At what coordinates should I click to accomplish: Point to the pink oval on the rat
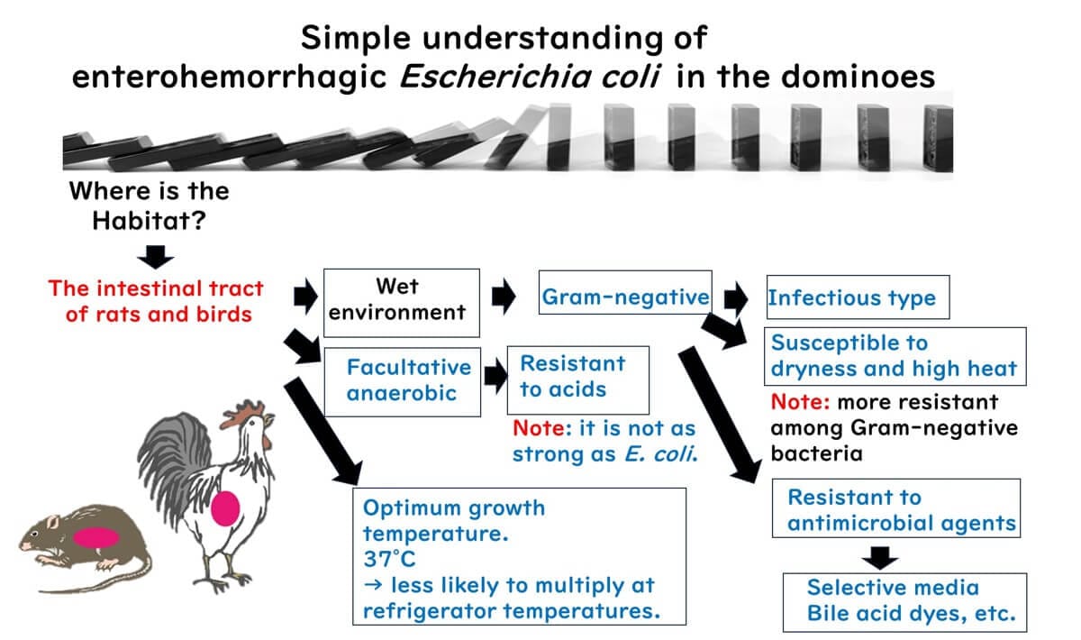click(96, 537)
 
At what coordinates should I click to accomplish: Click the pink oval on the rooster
click(225, 508)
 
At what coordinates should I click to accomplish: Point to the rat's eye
click(34, 534)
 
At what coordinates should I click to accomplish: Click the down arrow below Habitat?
click(155, 257)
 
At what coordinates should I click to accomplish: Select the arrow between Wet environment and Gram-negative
click(504, 296)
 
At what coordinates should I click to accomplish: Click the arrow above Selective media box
click(880, 558)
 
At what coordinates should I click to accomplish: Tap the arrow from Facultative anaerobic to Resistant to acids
click(495, 376)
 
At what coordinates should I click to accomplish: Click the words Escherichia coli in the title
click(529, 77)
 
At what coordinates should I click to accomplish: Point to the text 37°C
click(389, 560)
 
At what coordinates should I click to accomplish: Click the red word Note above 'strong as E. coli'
click(538, 428)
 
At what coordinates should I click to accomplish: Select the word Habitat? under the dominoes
click(150, 221)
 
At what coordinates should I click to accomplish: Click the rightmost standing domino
click(938, 139)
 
